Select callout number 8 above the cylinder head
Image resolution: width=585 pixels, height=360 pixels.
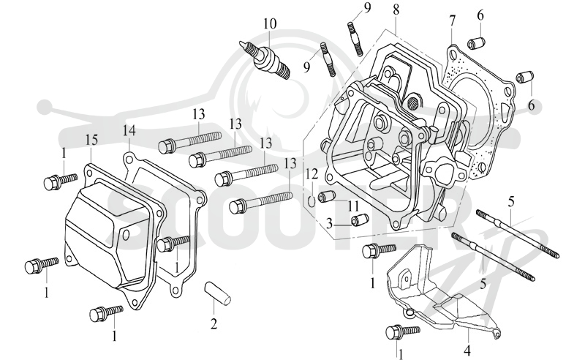point(396,9)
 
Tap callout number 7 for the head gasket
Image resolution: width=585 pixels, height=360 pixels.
point(452,22)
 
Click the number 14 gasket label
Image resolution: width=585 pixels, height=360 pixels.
point(129,131)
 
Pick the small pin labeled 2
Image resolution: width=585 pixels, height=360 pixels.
point(217,293)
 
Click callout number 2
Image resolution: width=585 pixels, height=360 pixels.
point(214,323)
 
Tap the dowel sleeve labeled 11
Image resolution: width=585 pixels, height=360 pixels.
point(325,196)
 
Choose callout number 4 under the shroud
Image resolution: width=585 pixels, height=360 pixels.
point(467,350)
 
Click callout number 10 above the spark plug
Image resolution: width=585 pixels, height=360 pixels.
point(270,24)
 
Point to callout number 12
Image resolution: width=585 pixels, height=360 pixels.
point(312,174)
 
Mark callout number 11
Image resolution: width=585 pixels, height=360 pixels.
point(353,206)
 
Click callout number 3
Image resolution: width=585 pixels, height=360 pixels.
point(329,224)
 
